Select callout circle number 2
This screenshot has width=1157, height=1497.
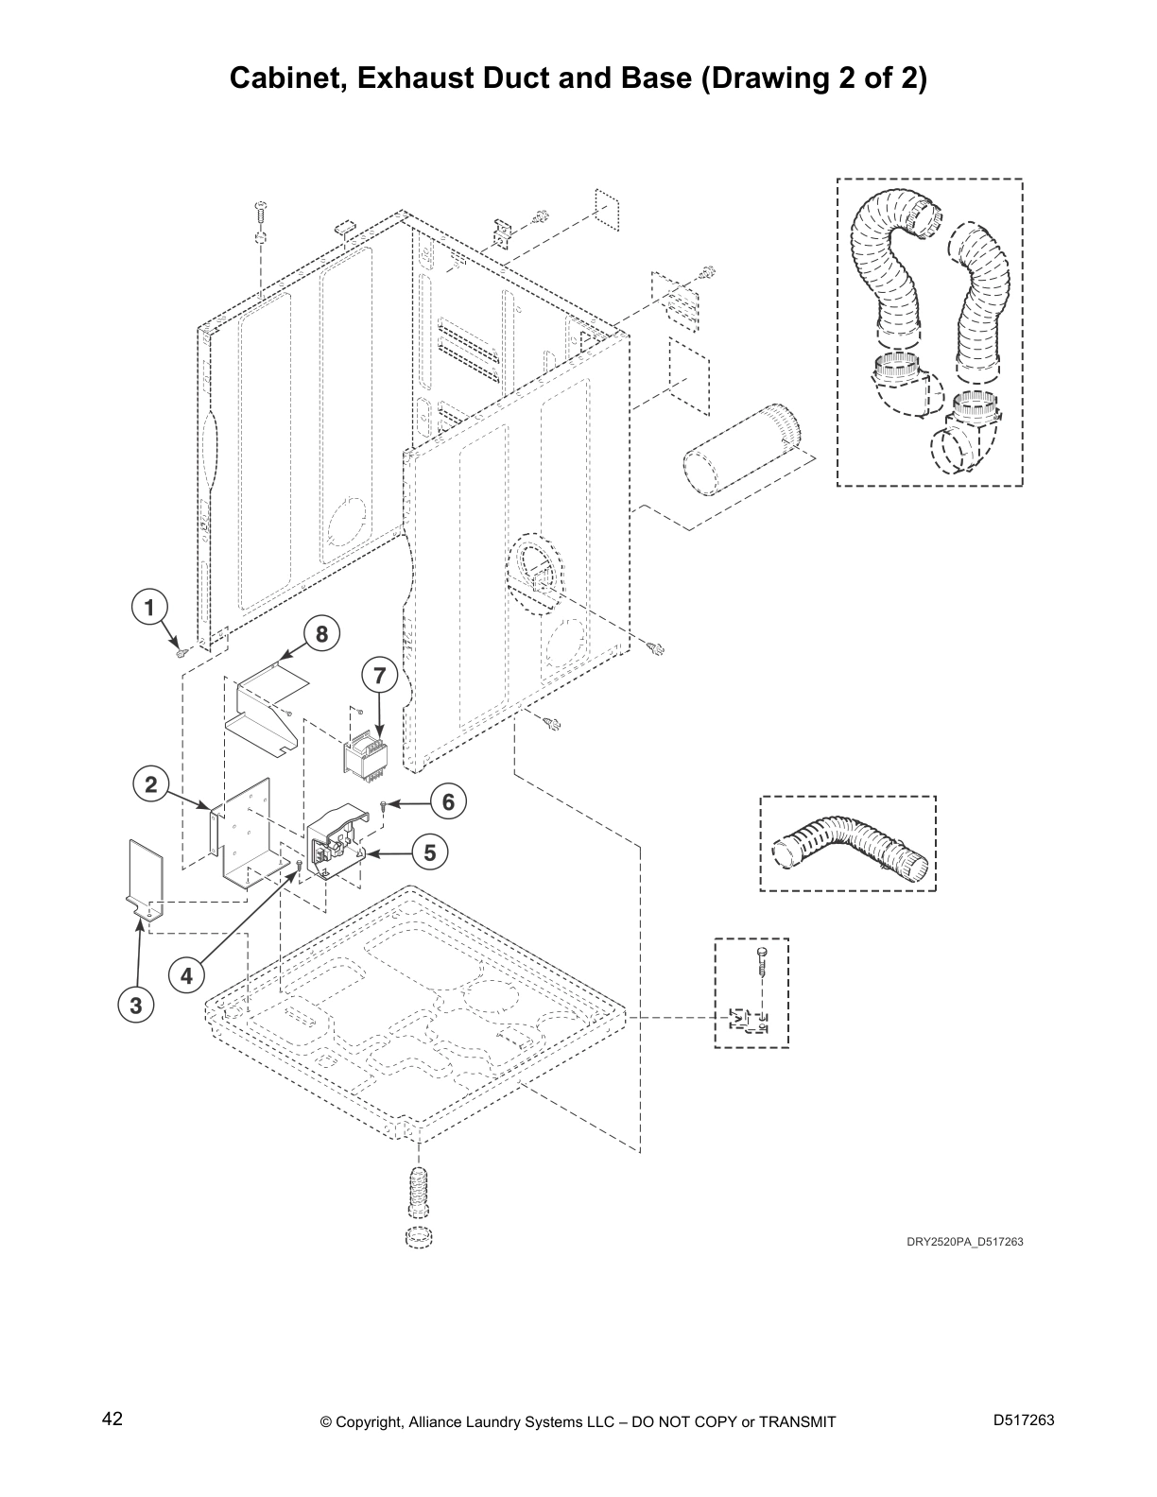[150, 783]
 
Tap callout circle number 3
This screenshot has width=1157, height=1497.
[136, 1006]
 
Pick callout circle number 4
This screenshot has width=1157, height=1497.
[186, 975]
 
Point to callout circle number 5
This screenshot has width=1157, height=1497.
[430, 852]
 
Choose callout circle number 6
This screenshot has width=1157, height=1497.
[448, 802]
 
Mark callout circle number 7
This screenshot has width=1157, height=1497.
[379, 676]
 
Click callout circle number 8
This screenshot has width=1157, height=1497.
[321, 634]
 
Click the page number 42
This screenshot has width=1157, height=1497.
[112, 1419]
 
